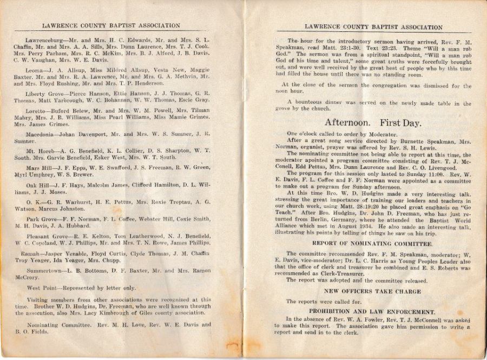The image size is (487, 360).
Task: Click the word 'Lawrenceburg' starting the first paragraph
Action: click(45, 41)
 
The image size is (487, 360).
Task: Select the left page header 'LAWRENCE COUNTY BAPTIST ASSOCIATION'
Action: click(111, 25)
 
